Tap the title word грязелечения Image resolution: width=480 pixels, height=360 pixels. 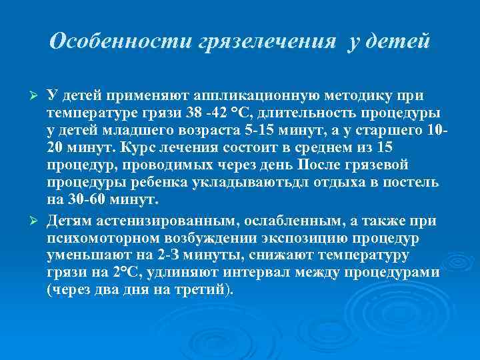(x=267, y=41)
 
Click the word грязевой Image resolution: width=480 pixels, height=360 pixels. (x=380, y=165)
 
